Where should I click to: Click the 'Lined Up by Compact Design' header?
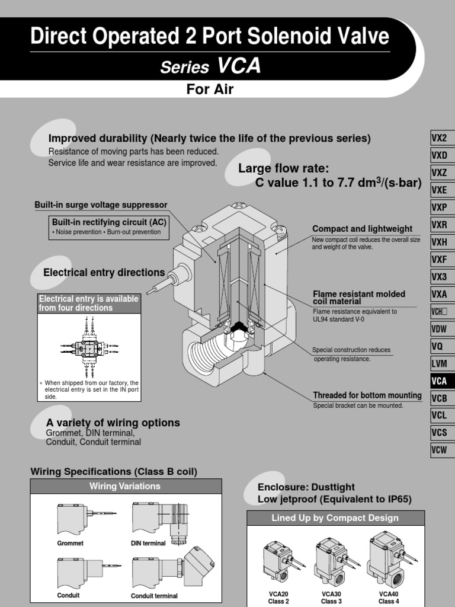tap(335, 517)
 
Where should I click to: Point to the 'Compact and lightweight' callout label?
tap(362, 229)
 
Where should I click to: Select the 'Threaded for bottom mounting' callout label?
tap(367, 395)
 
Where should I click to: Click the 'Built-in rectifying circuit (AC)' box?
tap(109, 226)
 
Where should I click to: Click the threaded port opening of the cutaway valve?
tap(204, 355)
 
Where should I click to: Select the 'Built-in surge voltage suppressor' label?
tap(101, 205)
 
